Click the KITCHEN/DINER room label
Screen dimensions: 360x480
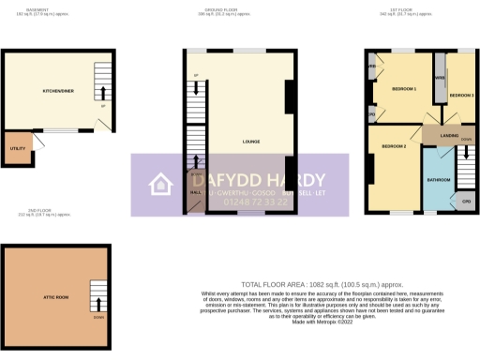click(58, 91)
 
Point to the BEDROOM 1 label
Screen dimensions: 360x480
click(404, 89)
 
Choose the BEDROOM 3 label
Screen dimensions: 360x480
click(461, 97)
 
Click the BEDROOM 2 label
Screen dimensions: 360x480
click(395, 147)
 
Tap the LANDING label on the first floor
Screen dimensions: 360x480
click(448, 136)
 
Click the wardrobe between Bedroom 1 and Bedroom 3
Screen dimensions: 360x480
click(438, 81)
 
